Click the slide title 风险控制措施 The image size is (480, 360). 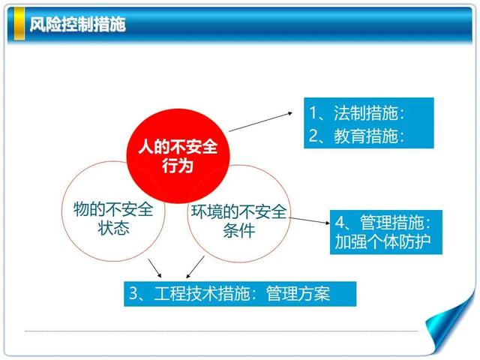tap(78, 24)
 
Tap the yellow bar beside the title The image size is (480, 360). tap(19, 23)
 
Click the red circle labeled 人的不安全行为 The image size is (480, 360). tap(178, 156)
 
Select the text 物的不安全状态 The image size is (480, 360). tap(113, 218)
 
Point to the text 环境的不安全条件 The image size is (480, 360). tap(239, 220)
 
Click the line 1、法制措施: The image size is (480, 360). tap(357, 112)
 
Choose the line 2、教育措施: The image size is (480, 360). tap(357, 136)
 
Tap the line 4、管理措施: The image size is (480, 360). tap(382, 222)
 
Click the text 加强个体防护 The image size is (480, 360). tap(382, 241)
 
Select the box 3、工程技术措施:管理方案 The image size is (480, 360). tap(240, 294)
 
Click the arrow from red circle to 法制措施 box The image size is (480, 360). tap(260, 121)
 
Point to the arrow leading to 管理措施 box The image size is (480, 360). tap(309, 220)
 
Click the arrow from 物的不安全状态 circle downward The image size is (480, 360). tap(154, 268)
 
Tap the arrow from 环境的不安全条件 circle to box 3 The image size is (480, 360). tap(195, 267)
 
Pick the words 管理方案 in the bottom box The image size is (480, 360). tap(298, 293)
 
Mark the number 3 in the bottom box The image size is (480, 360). tap(133, 293)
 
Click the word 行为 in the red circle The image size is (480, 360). tap(178, 166)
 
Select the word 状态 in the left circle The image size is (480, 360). tap(113, 228)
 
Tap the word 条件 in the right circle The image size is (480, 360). tap(239, 230)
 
